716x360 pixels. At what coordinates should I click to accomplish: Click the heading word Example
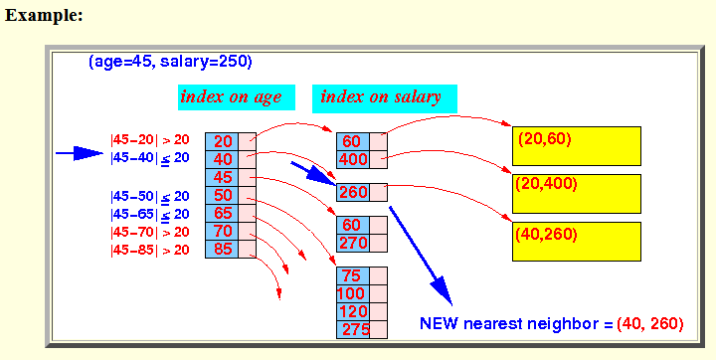[44, 16]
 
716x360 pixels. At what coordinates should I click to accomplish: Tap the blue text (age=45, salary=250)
[170, 62]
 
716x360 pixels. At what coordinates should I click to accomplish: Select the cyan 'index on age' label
[237, 97]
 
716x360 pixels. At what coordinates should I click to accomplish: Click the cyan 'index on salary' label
[385, 98]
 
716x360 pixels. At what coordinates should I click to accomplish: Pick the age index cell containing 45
[222, 177]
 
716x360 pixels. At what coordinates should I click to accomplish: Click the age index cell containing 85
[222, 250]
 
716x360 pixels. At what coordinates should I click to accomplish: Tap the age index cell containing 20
[222, 141]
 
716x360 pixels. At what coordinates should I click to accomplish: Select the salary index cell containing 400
[353, 159]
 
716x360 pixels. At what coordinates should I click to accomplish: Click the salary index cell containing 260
[353, 192]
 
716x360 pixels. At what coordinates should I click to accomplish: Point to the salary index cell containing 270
[353, 243]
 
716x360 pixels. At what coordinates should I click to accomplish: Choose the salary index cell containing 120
[353, 311]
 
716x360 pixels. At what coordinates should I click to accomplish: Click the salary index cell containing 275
[353, 330]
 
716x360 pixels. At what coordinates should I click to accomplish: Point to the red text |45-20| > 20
[150, 140]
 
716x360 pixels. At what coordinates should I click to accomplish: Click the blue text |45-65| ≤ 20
[150, 214]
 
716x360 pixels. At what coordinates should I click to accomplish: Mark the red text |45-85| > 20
[150, 251]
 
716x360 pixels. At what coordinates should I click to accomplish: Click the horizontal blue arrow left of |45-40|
[80, 153]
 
